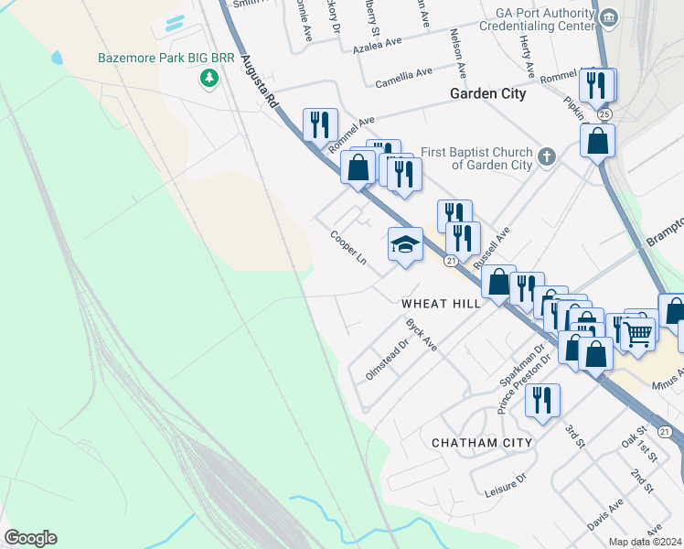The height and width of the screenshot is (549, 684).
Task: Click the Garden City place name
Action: coord(487,93)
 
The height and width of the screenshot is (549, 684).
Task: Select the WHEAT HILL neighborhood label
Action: coord(441,303)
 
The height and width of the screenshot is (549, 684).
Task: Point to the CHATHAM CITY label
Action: coord(481,443)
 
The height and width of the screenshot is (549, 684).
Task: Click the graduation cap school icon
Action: coord(405,244)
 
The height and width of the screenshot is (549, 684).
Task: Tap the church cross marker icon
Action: coord(547,156)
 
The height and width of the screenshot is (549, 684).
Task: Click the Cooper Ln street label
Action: coord(348,247)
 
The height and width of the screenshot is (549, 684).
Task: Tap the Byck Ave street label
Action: coord(422,335)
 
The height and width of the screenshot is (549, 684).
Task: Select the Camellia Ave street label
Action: coord(403,78)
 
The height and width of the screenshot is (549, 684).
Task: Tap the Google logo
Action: coord(30,538)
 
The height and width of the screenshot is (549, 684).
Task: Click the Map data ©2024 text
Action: coord(646,542)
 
